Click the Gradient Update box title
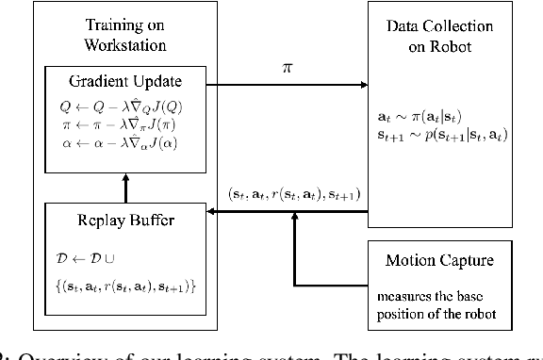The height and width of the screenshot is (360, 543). [124, 81]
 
